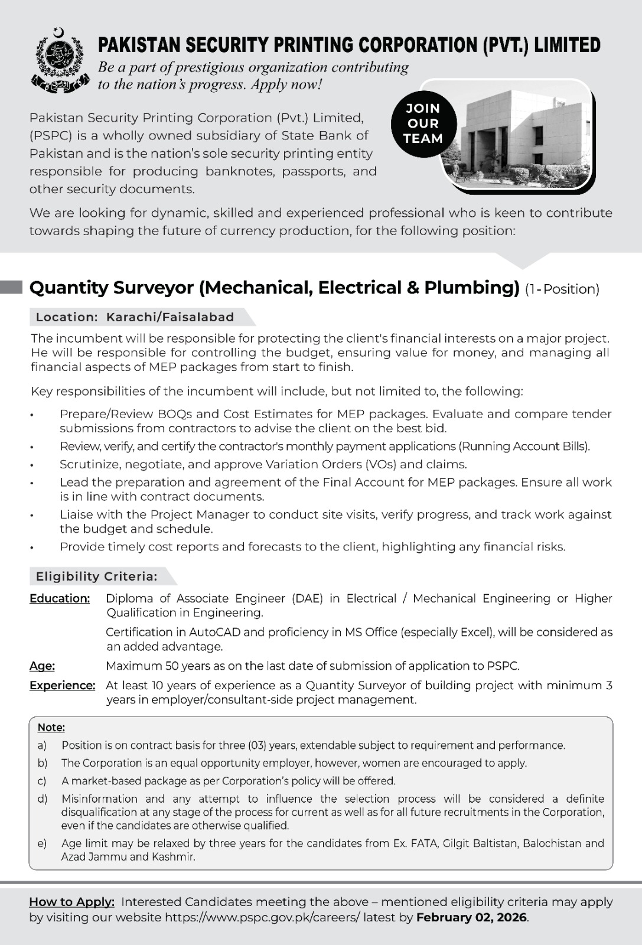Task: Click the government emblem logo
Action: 57,60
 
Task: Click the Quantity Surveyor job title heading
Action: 274,288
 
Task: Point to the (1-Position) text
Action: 562,289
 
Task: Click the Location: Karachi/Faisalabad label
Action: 135,317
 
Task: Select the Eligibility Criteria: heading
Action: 96,576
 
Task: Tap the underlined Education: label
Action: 60,598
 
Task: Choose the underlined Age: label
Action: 42,666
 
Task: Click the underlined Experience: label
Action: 62,685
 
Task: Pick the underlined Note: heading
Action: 51,727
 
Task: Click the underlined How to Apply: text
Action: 71,902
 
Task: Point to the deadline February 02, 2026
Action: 472,917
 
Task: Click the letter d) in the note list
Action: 43,799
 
